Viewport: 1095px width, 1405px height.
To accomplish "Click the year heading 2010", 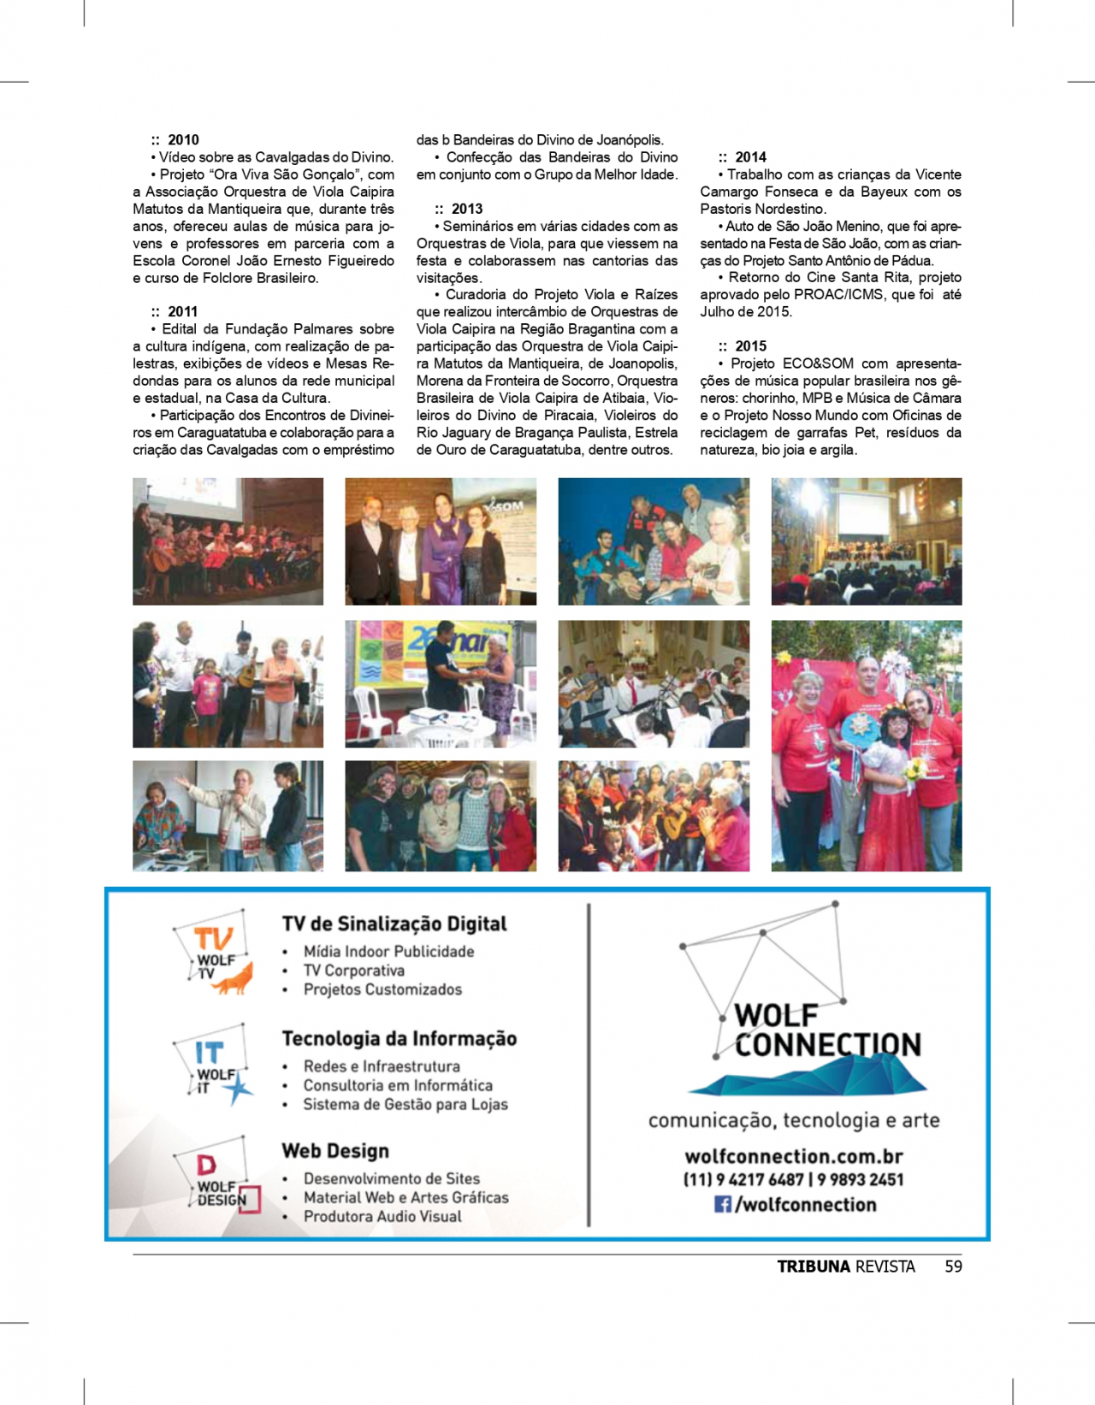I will coord(183,139).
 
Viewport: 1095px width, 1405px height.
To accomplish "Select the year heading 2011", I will coord(182,311).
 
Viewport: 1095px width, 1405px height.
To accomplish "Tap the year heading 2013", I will coord(466,209).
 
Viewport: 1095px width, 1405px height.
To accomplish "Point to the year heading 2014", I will coord(750,157).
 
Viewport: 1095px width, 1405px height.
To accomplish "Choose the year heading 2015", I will coord(750,346).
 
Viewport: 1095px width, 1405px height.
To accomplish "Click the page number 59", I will coord(953,1266).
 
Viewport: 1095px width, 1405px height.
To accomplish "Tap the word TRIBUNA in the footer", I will coord(814,1266).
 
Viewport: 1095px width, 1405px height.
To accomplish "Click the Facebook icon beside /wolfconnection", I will coord(723,1204).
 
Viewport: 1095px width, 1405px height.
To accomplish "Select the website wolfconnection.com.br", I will coord(793,1156).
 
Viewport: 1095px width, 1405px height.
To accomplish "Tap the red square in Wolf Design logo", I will coord(249,1199).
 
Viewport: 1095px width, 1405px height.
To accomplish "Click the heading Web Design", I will coord(335,1151).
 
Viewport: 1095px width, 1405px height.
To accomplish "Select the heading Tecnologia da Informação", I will coord(400,1038).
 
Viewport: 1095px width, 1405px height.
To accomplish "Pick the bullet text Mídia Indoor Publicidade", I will coord(388,951).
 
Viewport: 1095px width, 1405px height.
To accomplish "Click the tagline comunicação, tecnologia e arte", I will coord(793,1120).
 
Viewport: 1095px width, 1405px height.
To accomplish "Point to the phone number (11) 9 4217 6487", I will coord(743,1180).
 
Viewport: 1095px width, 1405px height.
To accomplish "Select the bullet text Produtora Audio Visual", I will coord(382,1216).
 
